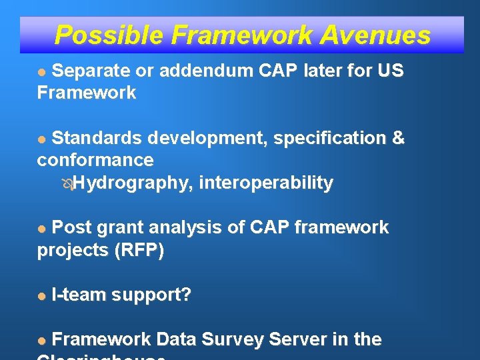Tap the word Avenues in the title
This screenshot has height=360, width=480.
point(375,35)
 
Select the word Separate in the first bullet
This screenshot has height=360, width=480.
point(92,71)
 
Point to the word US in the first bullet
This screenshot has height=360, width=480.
point(390,71)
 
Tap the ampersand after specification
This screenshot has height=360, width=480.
point(398,138)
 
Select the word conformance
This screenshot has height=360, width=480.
point(95,160)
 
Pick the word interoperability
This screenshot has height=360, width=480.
point(266,183)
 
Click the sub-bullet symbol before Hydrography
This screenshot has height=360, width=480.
point(66,183)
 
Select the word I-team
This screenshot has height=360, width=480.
point(78,295)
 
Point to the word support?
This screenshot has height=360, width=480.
point(151,295)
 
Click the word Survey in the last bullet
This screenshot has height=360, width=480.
point(232,339)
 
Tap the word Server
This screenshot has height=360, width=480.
point(298,339)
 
